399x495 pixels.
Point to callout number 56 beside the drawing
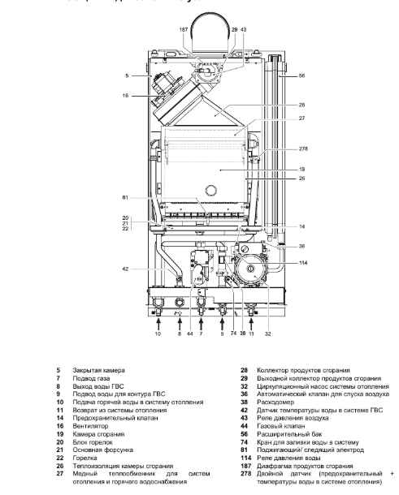point(301,75)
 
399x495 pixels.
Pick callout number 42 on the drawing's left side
point(127,269)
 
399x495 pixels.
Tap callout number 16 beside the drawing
point(126,96)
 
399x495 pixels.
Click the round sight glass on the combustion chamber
point(211,192)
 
